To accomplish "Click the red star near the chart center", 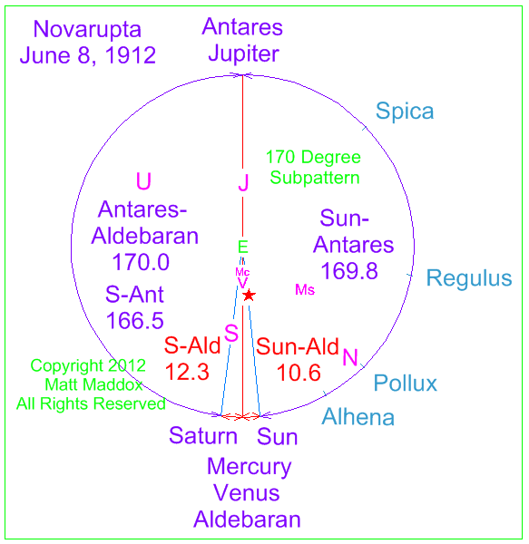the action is click(249, 295).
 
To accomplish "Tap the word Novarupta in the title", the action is click(87, 30).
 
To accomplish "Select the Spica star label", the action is click(405, 112).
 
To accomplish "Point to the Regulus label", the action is click(469, 278).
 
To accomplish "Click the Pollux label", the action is click(405, 384).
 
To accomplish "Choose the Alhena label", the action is click(358, 417).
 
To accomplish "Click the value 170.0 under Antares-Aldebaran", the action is click(141, 262).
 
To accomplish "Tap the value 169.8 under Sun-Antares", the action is click(349, 271).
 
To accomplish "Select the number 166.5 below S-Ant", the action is click(134, 321).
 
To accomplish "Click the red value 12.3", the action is click(187, 372).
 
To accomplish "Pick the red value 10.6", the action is click(299, 373).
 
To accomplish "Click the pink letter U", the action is click(143, 181).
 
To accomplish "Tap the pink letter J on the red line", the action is click(244, 182).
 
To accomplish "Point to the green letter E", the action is click(243, 247).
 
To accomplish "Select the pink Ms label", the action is click(305, 290).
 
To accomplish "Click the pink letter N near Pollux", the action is click(350, 357).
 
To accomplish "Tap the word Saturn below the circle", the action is click(203, 436).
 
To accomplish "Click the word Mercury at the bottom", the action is click(250, 467).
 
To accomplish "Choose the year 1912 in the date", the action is click(131, 55).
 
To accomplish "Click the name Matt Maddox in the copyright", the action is click(93, 384).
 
